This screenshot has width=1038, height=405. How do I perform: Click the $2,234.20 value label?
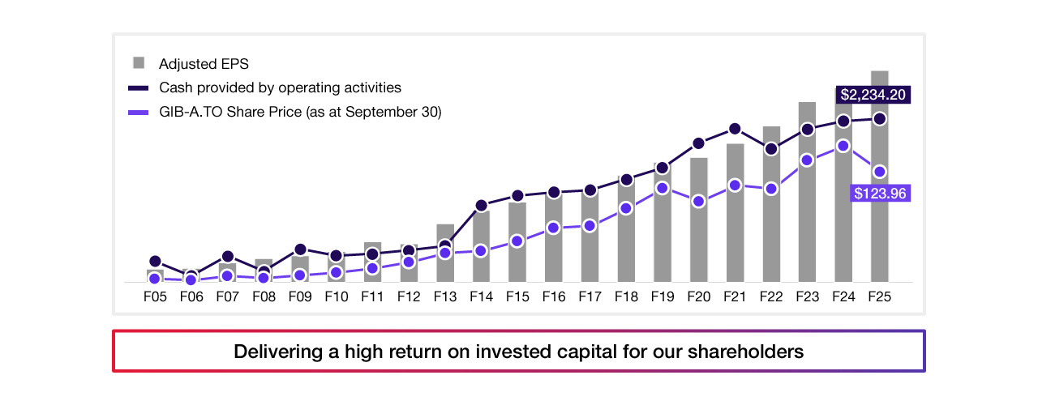point(873,95)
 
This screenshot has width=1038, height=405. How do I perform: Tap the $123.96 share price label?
point(880,194)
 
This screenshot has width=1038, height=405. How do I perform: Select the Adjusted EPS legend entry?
point(203,63)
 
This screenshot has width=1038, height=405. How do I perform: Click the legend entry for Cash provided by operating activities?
point(279,87)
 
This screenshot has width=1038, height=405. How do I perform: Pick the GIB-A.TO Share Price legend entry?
point(299,113)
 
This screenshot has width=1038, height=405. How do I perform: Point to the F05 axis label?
point(155,296)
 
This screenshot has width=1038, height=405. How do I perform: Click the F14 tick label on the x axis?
point(482,296)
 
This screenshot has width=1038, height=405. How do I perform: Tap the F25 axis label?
point(880,296)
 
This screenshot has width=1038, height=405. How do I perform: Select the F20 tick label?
point(699,296)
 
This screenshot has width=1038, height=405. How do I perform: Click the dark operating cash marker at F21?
point(735,129)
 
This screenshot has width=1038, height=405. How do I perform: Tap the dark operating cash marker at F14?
point(482,206)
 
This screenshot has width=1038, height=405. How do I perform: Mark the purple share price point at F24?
point(843,146)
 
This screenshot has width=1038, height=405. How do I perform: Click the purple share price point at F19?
point(663,188)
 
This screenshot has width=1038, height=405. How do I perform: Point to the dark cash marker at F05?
point(155,262)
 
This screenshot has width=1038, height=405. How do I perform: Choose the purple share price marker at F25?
point(880,171)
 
